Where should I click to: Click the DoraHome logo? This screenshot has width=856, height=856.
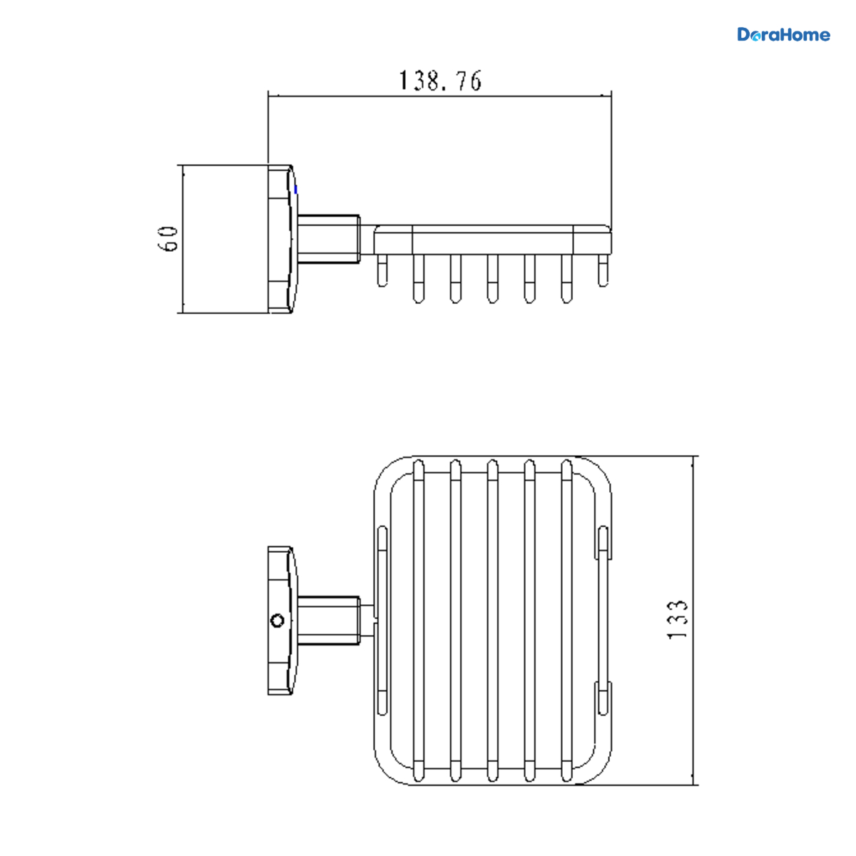[x=783, y=35]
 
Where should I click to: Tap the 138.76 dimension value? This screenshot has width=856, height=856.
[x=440, y=81]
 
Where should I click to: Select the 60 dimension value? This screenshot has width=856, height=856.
[x=168, y=239]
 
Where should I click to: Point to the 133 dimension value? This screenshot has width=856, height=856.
[x=677, y=620]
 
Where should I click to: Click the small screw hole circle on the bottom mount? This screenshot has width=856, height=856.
[x=277, y=621]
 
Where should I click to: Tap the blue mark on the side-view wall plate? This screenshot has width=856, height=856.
[x=296, y=190]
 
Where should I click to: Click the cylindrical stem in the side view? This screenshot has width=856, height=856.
[x=329, y=239]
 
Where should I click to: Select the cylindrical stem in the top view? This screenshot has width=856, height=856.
[x=329, y=620]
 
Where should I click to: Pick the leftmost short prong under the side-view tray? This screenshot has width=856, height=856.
[x=382, y=270]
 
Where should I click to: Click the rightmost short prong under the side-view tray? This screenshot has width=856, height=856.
[x=603, y=270]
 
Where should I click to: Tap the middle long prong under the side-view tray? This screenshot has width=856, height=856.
[x=492, y=279]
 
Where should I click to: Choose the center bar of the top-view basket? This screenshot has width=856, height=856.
[x=492, y=621]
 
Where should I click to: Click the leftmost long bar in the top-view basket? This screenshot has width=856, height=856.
[x=419, y=621]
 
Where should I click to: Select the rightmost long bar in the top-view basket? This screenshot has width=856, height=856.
[x=566, y=621]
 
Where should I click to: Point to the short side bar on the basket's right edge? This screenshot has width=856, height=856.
[x=603, y=621]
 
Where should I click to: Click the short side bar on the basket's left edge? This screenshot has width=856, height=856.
[x=382, y=621]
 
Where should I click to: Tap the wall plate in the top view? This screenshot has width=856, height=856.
[x=282, y=621]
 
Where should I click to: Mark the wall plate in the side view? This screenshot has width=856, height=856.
[x=282, y=239]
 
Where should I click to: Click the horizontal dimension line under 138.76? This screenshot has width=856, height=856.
[x=440, y=96]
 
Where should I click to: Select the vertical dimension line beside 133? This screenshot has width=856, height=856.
[x=693, y=621]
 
